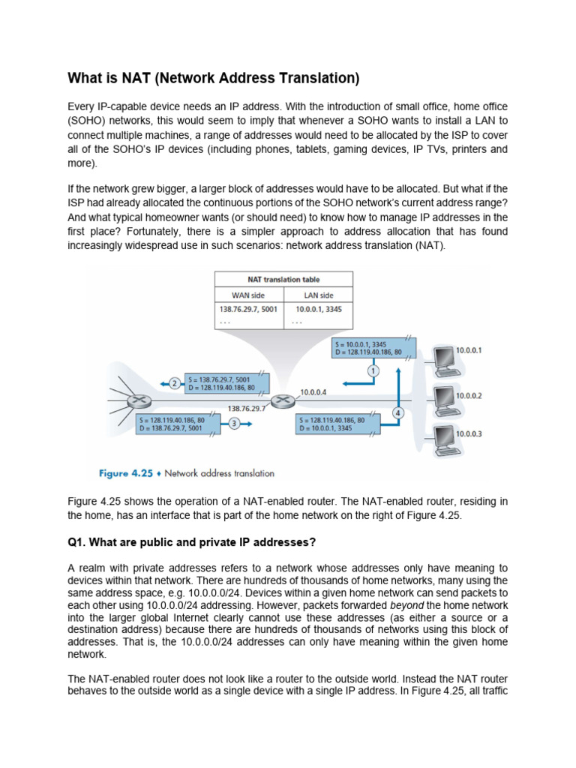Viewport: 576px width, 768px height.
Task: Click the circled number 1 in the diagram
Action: coord(373,370)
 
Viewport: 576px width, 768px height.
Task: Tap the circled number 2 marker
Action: coord(174,383)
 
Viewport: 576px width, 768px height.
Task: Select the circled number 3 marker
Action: coord(234,424)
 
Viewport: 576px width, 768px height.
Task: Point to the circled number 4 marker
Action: coord(397,412)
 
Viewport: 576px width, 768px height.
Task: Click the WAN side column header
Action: coord(248,295)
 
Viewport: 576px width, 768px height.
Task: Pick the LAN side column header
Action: coord(317,295)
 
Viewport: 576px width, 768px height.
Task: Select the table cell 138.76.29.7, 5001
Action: coord(247,309)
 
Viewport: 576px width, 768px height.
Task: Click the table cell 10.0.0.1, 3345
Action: coord(318,309)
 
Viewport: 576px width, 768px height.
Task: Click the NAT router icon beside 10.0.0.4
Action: coord(283,401)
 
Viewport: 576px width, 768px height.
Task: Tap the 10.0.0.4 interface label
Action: coord(313,391)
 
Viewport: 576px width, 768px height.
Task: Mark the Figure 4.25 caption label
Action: coord(126,473)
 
